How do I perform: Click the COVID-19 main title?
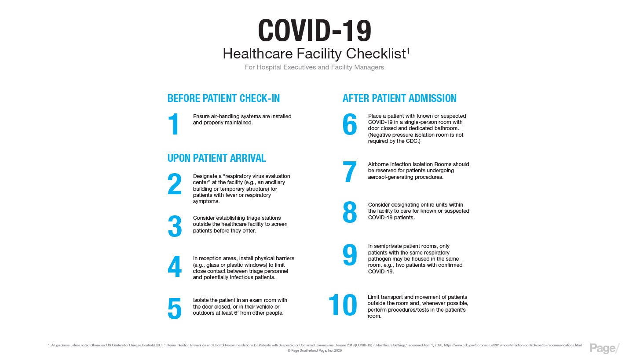pyautogui.click(x=314, y=31)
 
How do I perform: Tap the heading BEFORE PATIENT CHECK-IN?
pyautogui.click(x=223, y=98)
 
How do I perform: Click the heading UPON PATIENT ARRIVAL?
pyautogui.click(x=216, y=158)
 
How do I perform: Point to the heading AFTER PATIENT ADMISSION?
pyautogui.click(x=399, y=98)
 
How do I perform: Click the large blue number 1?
pyautogui.click(x=175, y=124)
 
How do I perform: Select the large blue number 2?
pyautogui.click(x=175, y=184)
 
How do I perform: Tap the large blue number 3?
pyautogui.click(x=175, y=226)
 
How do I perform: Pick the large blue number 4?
pyautogui.click(x=175, y=267)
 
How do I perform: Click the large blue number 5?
pyautogui.click(x=175, y=309)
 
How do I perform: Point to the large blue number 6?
pyautogui.click(x=350, y=124)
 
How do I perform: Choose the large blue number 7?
pyautogui.click(x=350, y=172)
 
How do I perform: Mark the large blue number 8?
pyautogui.click(x=350, y=212)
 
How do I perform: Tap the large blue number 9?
pyautogui.click(x=350, y=255)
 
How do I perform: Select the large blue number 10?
pyautogui.click(x=343, y=305)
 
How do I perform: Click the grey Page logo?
pyautogui.click(x=604, y=348)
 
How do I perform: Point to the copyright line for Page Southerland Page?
pyautogui.click(x=314, y=351)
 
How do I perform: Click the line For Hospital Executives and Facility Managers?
pyautogui.click(x=314, y=67)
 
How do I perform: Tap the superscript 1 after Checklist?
pyautogui.click(x=408, y=50)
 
